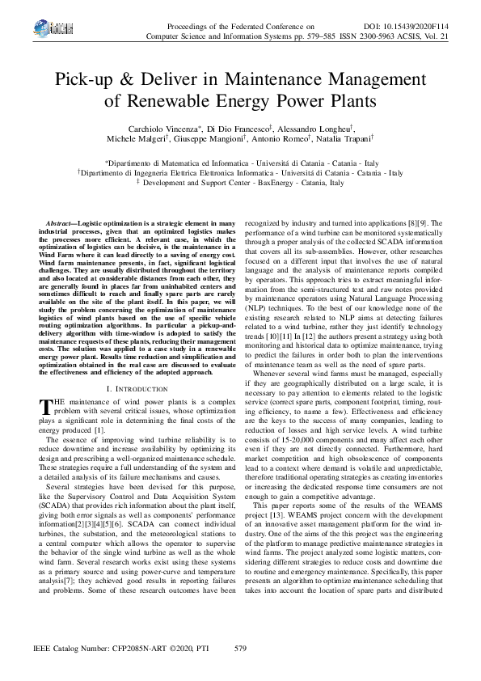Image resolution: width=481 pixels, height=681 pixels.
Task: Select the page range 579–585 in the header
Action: click(331, 37)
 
